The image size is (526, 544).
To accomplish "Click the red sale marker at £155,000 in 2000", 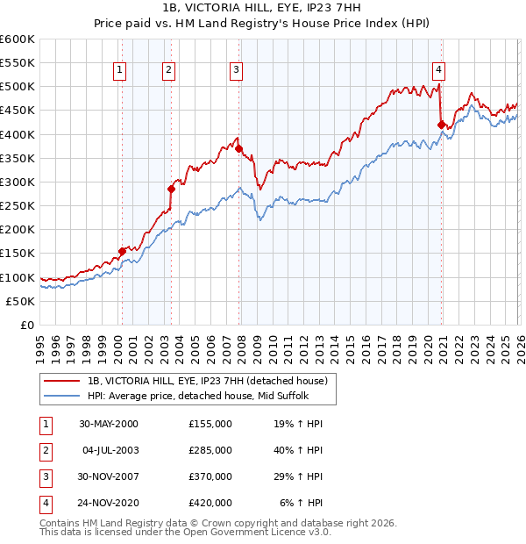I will coord(123,251).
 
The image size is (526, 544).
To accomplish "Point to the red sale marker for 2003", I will coord(172,189).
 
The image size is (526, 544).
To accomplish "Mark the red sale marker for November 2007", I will coord(239,149).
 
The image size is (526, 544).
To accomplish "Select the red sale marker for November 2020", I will coord(441,125).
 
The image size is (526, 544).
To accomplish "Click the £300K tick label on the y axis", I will coord(18,182).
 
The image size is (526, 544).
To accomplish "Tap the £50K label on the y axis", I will coord(21,301).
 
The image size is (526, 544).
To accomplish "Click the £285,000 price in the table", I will coord(210,450).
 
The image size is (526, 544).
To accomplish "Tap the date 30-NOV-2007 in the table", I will coord(109,476).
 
